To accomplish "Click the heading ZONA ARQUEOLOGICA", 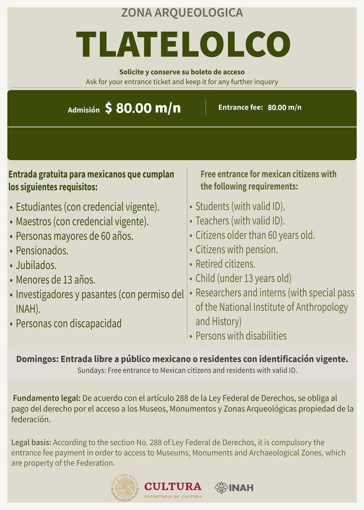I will [182, 13].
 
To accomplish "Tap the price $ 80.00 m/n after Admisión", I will [143, 108].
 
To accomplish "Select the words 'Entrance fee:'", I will [240, 107].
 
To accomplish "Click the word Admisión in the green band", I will [84, 110].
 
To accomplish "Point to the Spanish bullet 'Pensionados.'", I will [42, 250].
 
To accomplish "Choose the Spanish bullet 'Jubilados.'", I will [36, 265].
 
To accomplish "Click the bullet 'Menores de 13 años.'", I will [55, 280].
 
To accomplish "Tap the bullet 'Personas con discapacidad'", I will [68, 323].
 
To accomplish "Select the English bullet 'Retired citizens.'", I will [225, 263].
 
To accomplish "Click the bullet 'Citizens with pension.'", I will [237, 249].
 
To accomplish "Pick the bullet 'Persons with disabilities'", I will [241, 335].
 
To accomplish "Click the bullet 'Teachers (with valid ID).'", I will [240, 221].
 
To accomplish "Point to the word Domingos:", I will [37, 359].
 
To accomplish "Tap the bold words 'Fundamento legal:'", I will [47, 399].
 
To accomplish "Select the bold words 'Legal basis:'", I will [31, 442].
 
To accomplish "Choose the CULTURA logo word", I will [173, 486].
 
